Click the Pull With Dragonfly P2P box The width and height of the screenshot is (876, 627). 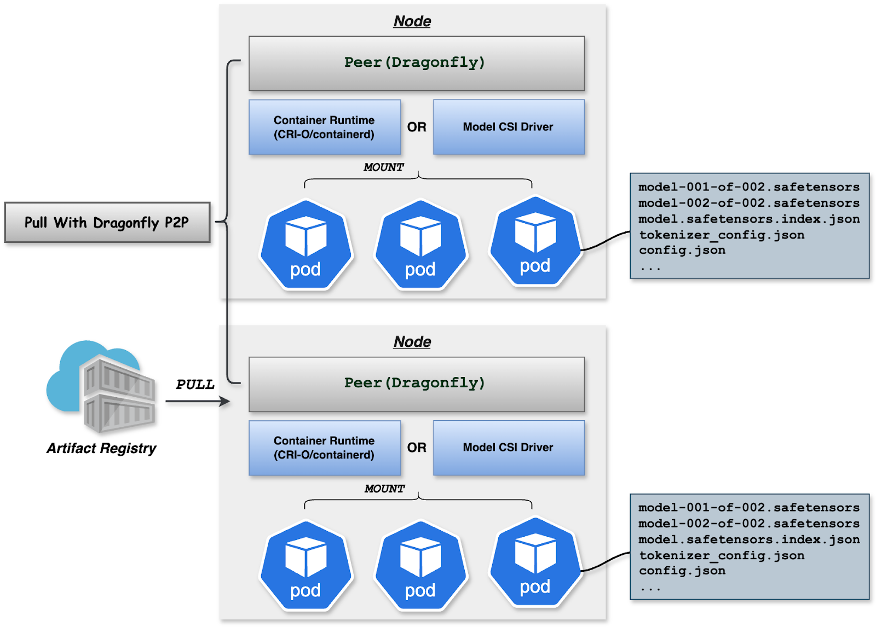pyautogui.click(x=107, y=223)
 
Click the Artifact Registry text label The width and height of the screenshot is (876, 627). pyautogui.click(x=101, y=449)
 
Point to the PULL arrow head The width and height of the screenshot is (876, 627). pyautogui.click(x=225, y=402)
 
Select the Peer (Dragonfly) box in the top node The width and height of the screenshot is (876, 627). pyautogui.click(x=416, y=63)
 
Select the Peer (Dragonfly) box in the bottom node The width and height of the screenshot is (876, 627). pyautogui.click(x=416, y=384)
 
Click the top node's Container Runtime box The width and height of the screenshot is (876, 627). pyautogui.click(x=324, y=127)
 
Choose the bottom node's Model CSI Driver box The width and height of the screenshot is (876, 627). pyautogui.click(x=509, y=448)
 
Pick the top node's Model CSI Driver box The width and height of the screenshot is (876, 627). pyautogui.click(x=509, y=127)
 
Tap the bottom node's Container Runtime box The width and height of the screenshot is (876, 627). pyautogui.click(x=324, y=448)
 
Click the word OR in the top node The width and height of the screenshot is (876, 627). pyautogui.click(x=417, y=127)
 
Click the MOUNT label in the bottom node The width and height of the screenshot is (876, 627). pyautogui.click(x=384, y=489)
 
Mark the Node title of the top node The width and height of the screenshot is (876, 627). pyautogui.click(x=412, y=21)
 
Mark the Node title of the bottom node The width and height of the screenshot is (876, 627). pyautogui.click(x=412, y=342)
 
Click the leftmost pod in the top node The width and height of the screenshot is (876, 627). pyautogui.click(x=306, y=245)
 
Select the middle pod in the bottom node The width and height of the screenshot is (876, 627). pyautogui.click(x=420, y=565)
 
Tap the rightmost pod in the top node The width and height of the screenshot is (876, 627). pyautogui.click(x=535, y=241)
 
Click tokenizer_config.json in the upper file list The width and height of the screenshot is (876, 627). pyautogui.click(x=722, y=235)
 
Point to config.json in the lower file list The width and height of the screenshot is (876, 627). pyautogui.click(x=682, y=571)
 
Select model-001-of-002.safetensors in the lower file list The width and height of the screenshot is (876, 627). pyautogui.click(x=748, y=508)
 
